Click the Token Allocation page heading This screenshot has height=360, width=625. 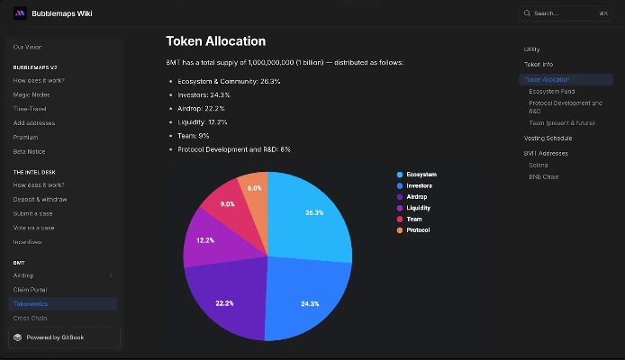click(215, 41)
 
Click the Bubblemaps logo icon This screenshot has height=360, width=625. click(20, 13)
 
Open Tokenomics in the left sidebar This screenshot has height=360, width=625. click(31, 304)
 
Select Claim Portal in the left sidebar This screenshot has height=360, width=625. click(31, 290)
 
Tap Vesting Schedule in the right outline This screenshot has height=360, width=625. click(548, 138)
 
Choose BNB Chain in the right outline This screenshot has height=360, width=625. click(544, 176)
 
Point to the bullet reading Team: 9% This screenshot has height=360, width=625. click(194, 135)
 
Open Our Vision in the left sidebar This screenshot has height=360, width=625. click(27, 47)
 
